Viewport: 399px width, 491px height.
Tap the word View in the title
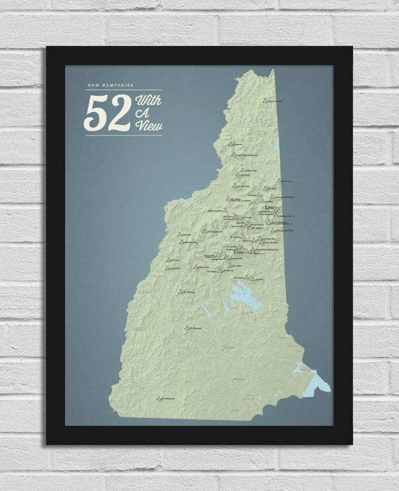[x=149, y=125]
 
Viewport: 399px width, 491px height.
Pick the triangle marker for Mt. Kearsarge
[x=187, y=327]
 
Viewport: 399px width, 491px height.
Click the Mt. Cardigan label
[x=190, y=292]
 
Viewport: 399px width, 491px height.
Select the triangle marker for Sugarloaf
[x=230, y=143]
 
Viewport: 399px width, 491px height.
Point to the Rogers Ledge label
[x=251, y=171]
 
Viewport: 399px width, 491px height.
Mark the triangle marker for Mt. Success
[x=280, y=181]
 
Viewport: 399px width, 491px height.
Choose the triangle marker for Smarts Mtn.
[x=167, y=268]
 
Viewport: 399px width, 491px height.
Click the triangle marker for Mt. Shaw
[x=253, y=279]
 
